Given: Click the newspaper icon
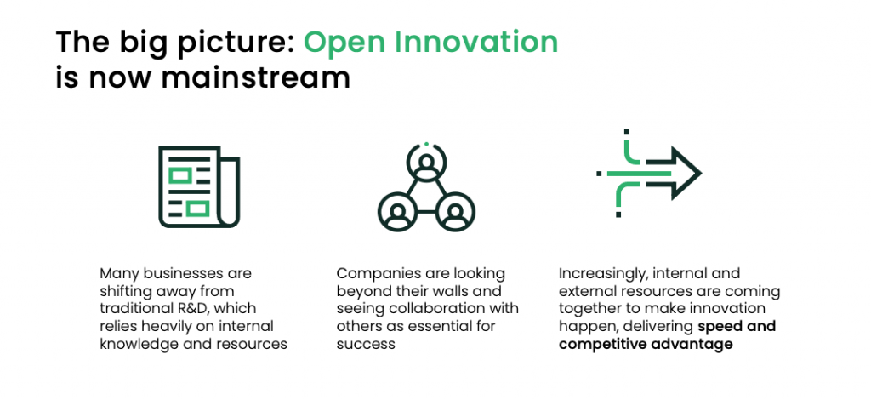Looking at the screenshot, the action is pyautogui.click(x=199, y=186).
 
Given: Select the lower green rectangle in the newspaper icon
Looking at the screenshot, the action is pyautogui.click(x=197, y=209).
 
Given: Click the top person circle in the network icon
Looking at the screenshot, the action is pyautogui.click(x=426, y=163).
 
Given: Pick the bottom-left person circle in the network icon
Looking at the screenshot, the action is pyautogui.click(x=398, y=212).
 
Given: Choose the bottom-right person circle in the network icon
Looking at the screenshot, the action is pyautogui.click(x=455, y=212).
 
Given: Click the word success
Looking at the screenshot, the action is pyautogui.click(x=366, y=345).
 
